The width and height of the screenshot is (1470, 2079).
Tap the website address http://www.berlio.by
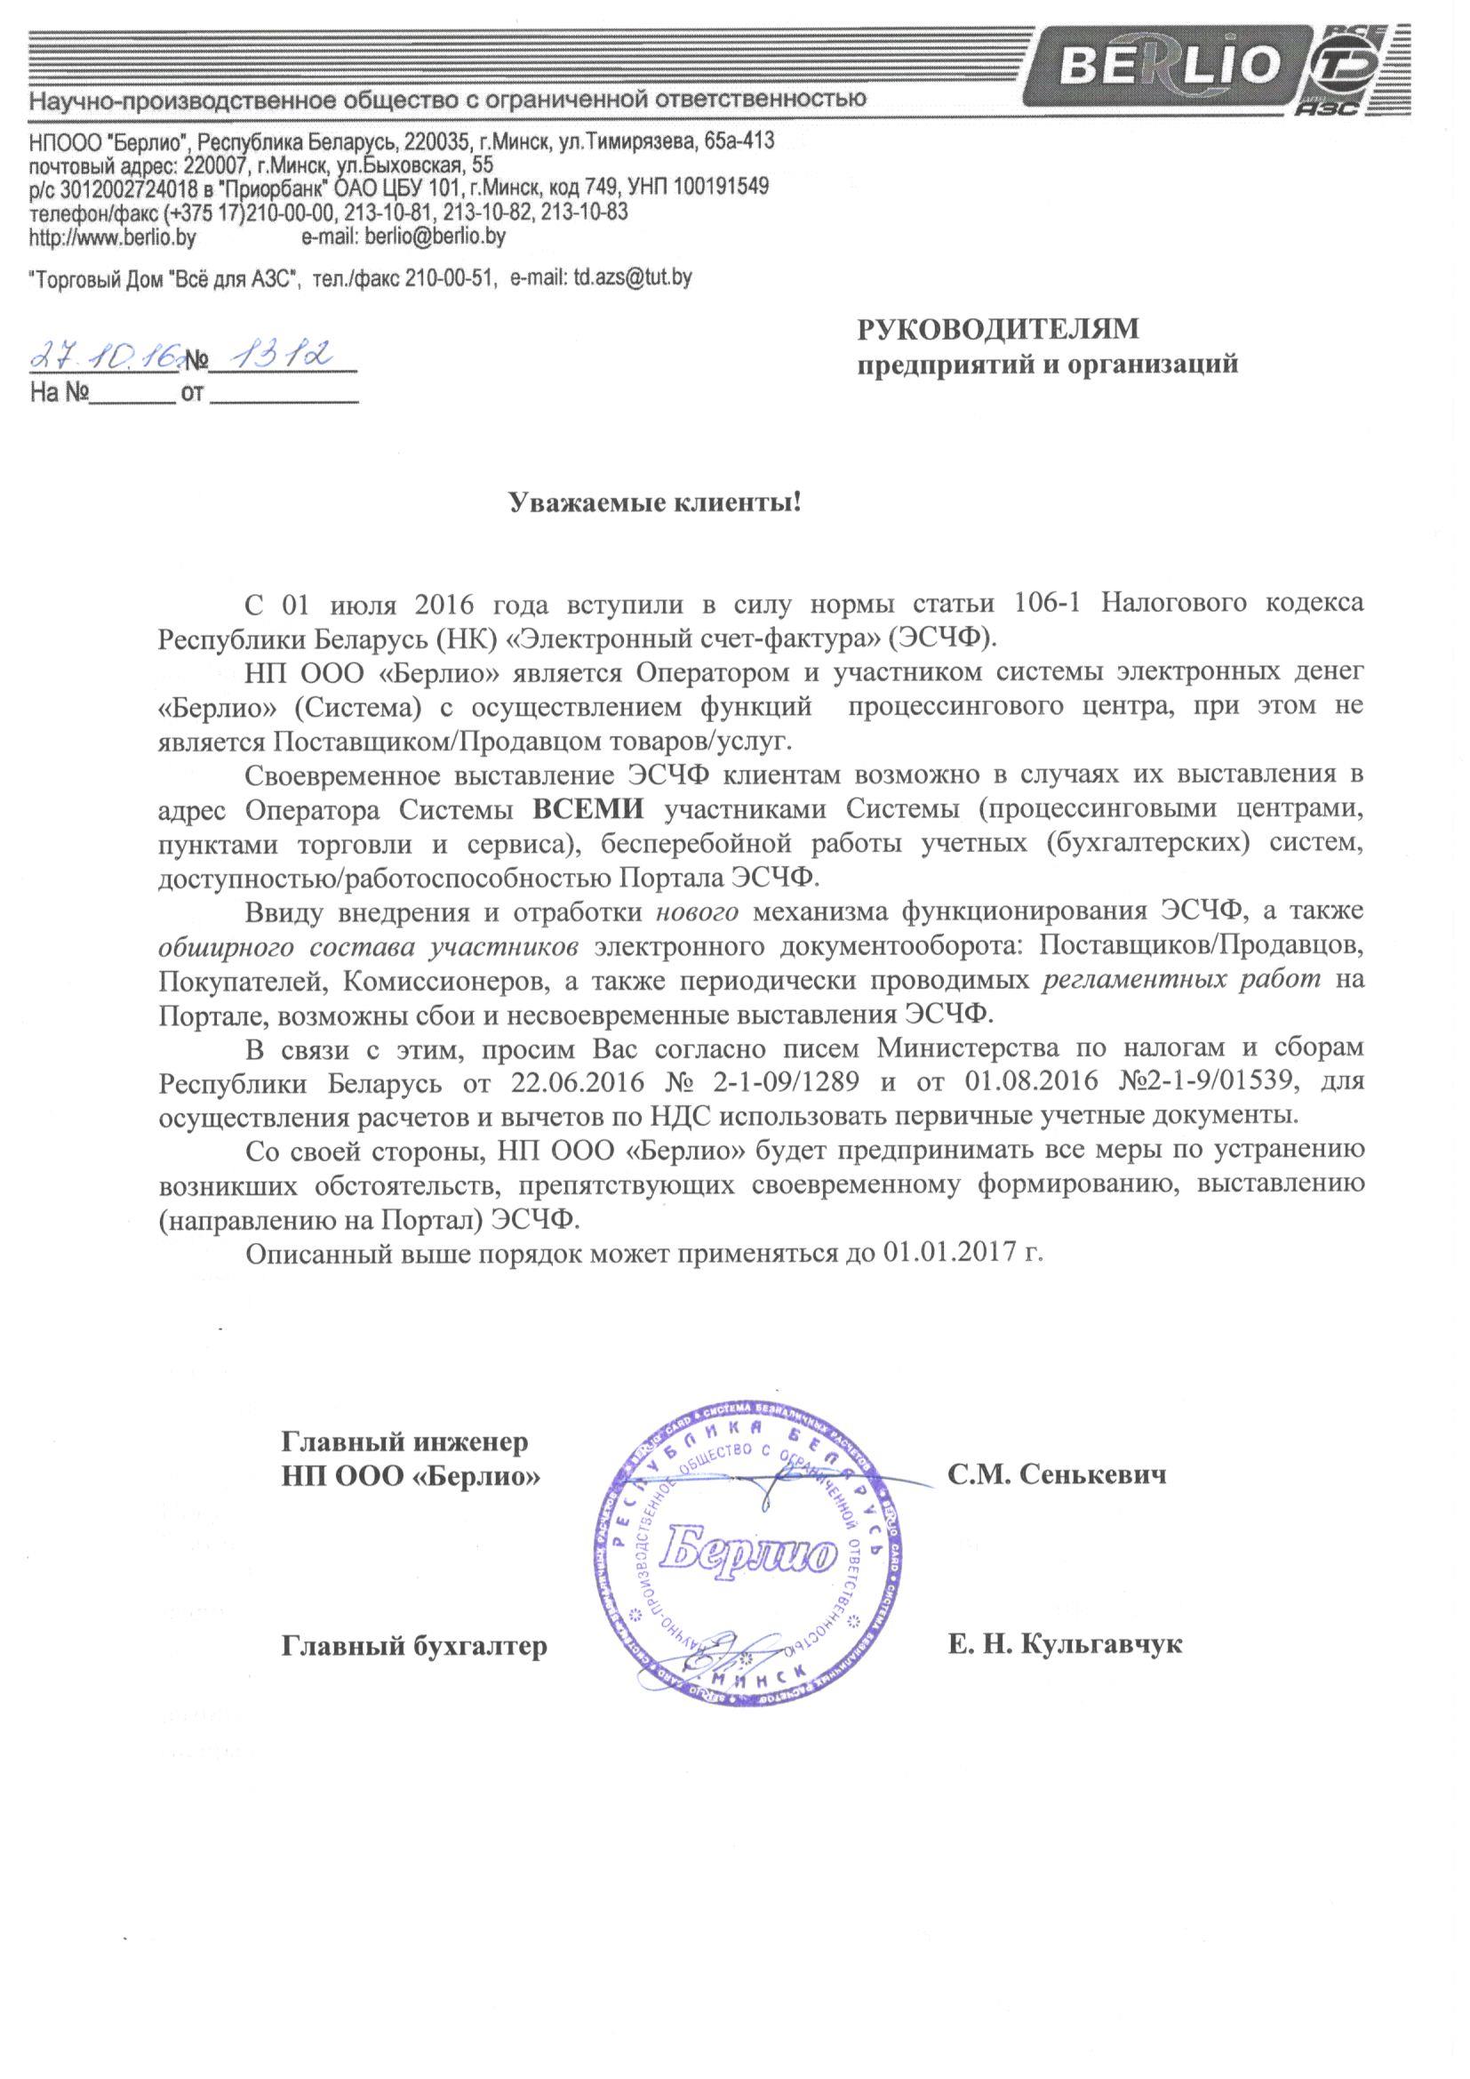[x=112, y=238]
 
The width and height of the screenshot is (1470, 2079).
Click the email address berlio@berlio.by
[x=435, y=237]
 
